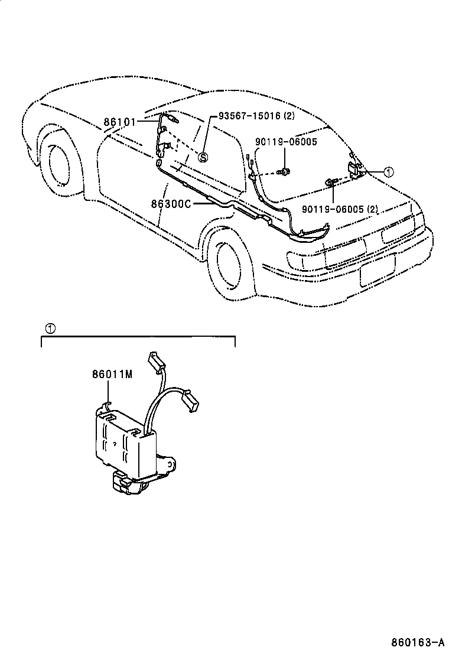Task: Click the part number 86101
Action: (120, 122)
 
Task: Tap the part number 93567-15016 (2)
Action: (256, 116)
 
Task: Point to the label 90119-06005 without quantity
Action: (286, 142)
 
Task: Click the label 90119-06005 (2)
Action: (339, 209)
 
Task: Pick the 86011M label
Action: (111, 373)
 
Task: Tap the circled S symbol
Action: (203, 157)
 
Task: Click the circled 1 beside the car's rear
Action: (388, 172)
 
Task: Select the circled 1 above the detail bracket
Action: (51, 328)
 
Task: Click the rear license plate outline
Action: (378, 272)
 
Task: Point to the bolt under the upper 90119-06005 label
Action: (285, 171)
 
